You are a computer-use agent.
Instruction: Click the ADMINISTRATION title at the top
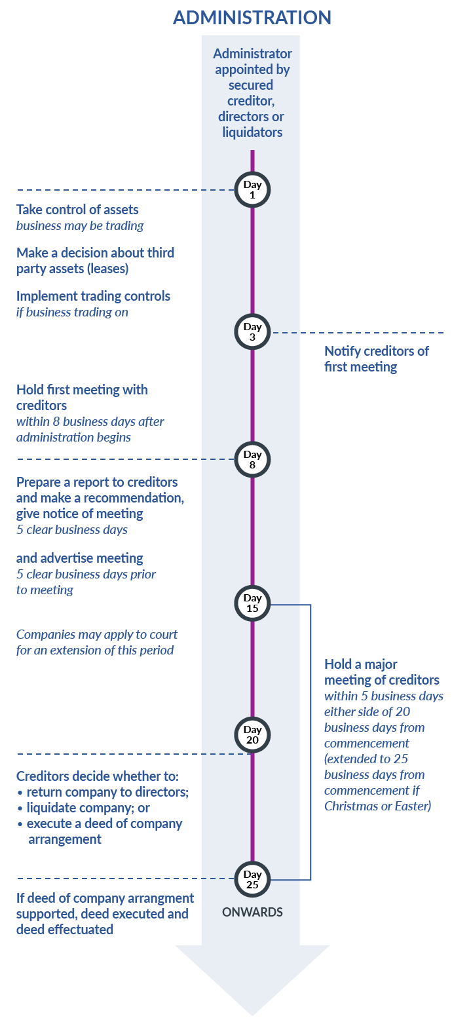coord(252,18)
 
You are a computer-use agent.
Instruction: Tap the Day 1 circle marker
coord(252,190)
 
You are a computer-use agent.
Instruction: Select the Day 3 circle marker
coord(252,332)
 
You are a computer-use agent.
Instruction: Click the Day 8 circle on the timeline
coord(252,460)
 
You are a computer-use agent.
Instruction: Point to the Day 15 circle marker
coord(252,603)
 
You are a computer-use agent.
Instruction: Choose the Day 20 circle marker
coord(252,735)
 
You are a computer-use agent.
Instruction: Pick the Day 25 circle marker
coord(252,879)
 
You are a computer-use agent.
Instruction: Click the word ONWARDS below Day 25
coord(252,912)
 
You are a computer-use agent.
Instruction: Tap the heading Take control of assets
coord(77,210)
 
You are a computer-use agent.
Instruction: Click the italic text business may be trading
coord(80,226)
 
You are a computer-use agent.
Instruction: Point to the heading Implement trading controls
coord(93,296)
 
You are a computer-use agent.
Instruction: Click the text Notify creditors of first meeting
coord(376,358)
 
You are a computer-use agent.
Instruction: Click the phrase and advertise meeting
coord(79,558)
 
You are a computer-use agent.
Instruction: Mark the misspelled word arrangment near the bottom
coord(157,898)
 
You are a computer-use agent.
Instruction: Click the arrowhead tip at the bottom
coord(252,1012)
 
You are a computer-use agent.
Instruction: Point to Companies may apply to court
coord(96,635)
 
